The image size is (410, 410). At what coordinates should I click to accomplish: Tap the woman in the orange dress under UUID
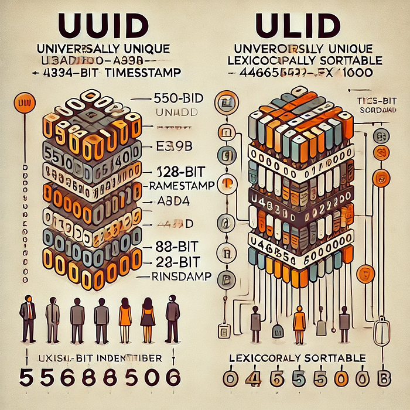tap(125, 320)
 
